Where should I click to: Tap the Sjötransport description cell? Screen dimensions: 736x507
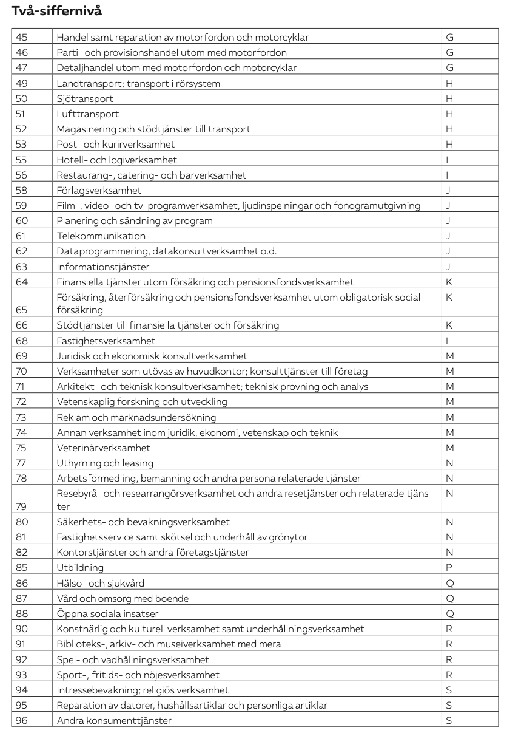[x=85, y=98]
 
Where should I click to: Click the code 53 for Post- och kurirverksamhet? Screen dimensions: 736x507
[x=22, y=145]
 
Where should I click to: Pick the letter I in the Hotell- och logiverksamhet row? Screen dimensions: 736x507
[x=448, y=160]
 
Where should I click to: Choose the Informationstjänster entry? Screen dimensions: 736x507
[x=102, y=267]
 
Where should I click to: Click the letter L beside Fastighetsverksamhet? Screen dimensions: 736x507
[x=448, y=341]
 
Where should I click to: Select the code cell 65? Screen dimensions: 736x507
[x=22, y=310]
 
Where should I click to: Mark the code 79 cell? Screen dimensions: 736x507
[x=22, y=506]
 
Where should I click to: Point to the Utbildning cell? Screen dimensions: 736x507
[x=80, y=567]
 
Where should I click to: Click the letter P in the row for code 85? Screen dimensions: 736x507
[x=449, y=567]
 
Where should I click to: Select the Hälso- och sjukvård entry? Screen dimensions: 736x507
[x=100, y=583]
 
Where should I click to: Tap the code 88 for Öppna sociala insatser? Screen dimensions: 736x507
[x=22, y=613]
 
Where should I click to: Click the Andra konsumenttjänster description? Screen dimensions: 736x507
[x=114, y=720]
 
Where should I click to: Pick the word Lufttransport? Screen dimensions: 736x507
[x=87, y=114]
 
